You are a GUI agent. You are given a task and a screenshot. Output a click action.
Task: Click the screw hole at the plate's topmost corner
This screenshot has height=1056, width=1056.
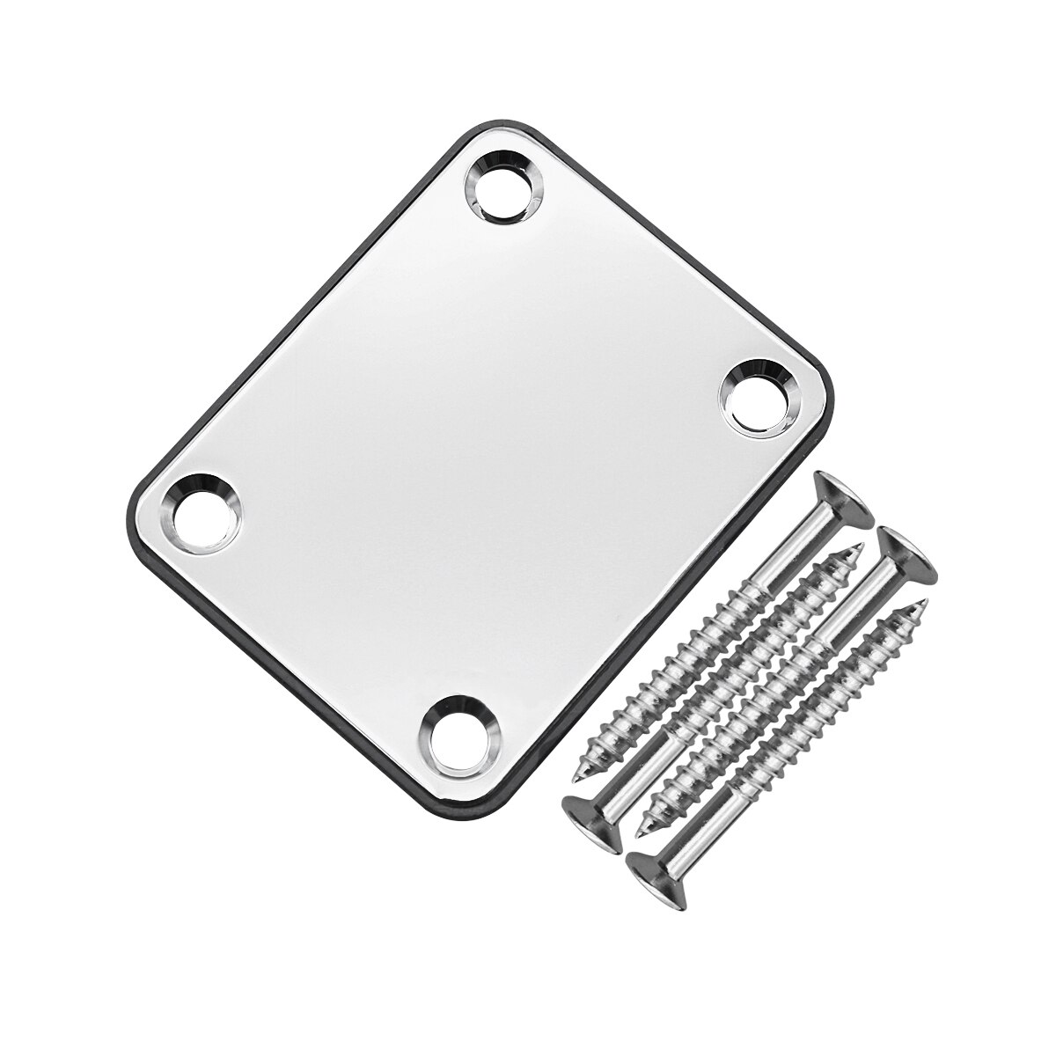505,187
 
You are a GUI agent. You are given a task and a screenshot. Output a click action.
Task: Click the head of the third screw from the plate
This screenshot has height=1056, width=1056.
908,554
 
